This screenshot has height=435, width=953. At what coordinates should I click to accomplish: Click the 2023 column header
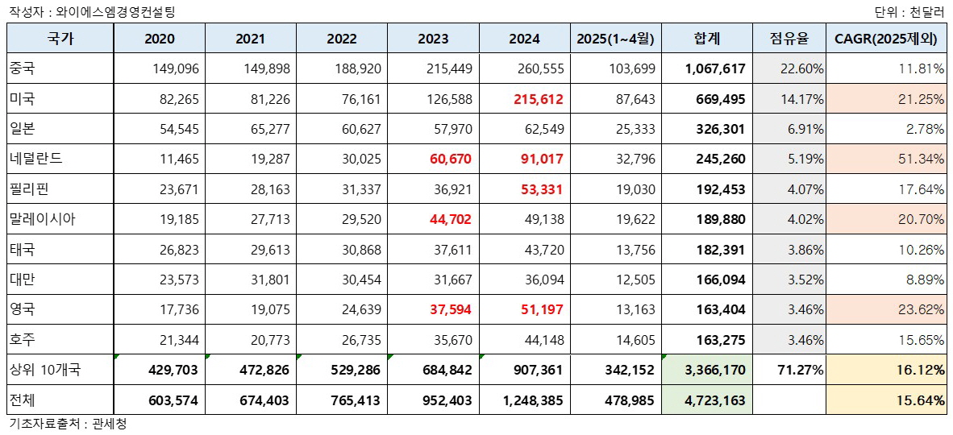click(434, 39)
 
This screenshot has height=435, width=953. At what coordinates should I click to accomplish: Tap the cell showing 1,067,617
click(715, 69)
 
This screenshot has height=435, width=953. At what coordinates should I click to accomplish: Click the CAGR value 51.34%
click(922, 159)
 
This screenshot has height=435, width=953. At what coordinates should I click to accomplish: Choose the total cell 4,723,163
click(715, 400)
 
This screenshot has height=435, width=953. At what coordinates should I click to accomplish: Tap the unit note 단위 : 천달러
click(909, 12)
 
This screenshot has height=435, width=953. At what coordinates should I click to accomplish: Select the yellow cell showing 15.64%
click(922, 400)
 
